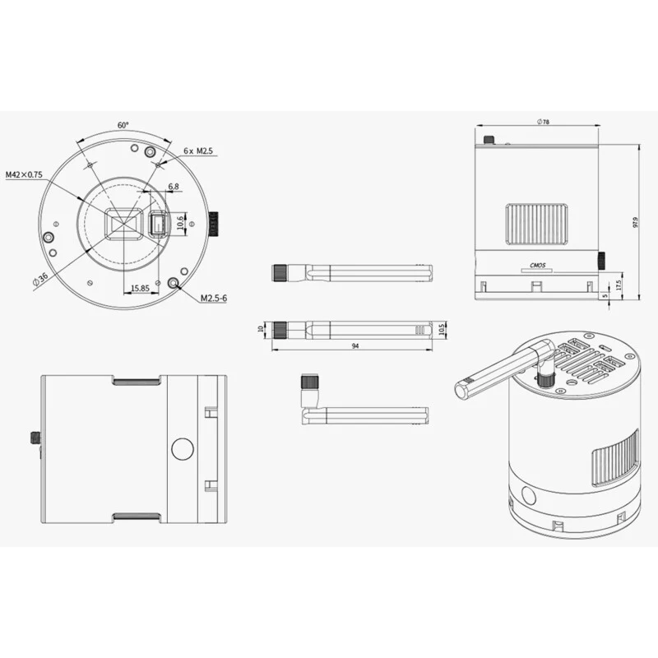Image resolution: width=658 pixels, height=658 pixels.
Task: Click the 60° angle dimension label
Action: (x=123, y=125)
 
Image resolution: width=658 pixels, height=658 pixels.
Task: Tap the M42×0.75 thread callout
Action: (x=24, y=174)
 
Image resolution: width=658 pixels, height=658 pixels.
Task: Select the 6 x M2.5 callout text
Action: (x=198, y=151)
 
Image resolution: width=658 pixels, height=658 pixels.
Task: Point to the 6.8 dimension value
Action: (x=174, y=187)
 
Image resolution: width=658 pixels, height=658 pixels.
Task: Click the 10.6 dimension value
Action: (x=180, y=222)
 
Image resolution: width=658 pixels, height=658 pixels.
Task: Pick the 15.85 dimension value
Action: (x=140, y=289)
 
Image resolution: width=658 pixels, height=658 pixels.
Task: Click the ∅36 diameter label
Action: (x=40, y=280)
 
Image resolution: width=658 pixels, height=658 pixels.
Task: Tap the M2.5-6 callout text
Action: (x=214, y=298)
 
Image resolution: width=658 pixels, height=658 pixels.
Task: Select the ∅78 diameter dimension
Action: (x=543, y=122)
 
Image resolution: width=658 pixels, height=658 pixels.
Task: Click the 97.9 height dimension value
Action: (x=635, y=222)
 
